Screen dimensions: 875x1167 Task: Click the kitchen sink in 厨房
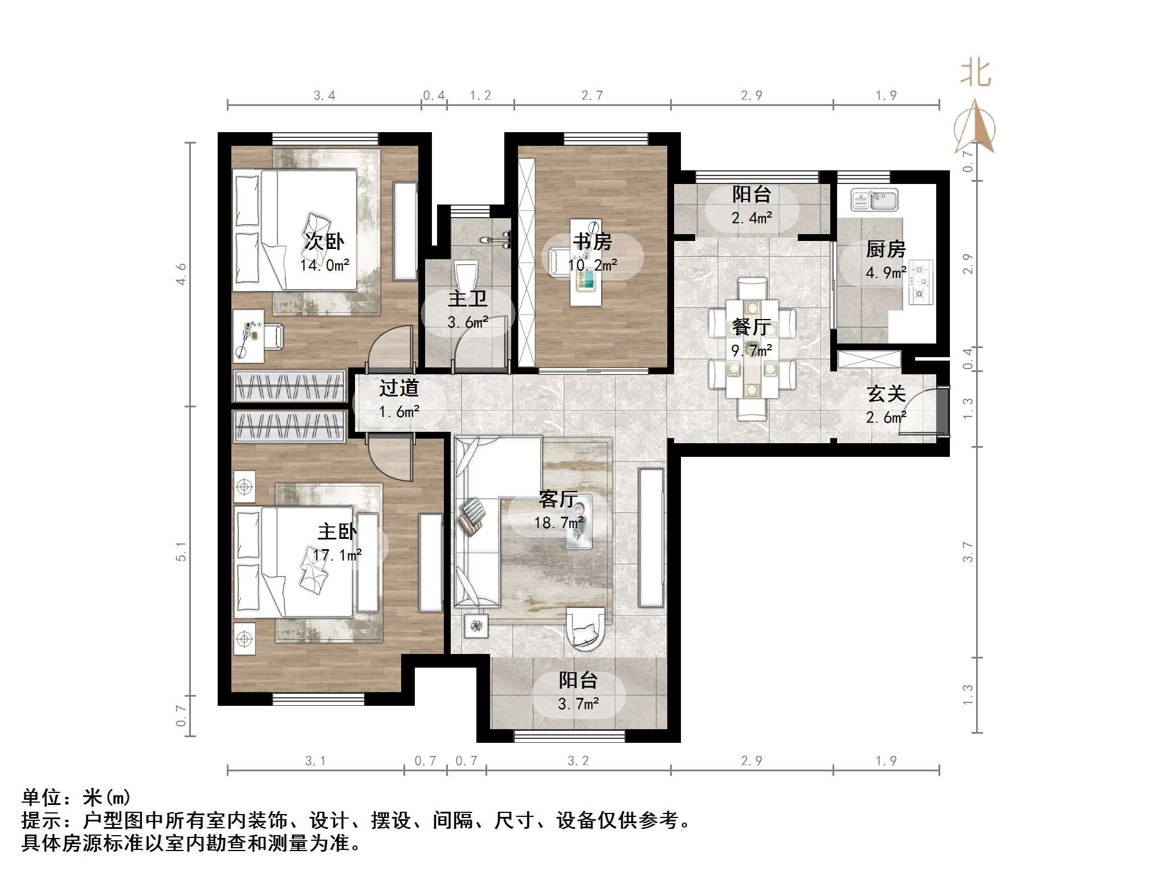point(874,201)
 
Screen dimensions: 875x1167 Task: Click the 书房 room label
point(592,242)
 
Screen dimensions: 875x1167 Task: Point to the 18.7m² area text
point(558,522)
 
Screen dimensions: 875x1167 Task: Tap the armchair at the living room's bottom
point(585,629)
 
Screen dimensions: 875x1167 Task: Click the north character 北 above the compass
point(976,74)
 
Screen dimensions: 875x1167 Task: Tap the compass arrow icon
point(975,128)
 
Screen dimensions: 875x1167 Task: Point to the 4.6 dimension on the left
point(181,274)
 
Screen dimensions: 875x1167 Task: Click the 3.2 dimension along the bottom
point(578,761)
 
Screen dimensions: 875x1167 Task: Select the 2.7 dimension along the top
point(592,96)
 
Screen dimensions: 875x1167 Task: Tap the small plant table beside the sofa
point(476,627)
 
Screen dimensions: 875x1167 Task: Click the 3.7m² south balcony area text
point(578,704)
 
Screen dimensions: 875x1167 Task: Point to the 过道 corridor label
point(399,388)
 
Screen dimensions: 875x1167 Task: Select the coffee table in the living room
point(579,522)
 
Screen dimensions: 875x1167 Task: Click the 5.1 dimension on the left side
point(181,551)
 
